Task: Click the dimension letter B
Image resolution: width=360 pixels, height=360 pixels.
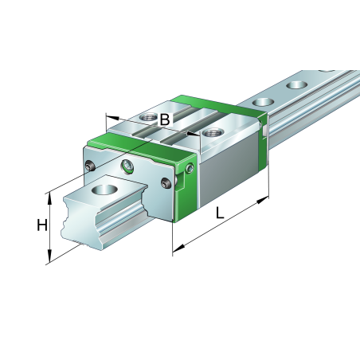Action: pyautogui.click(x=164, y=119)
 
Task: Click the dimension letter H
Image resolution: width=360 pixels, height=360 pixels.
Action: pyautogui.click(x=42, y=225)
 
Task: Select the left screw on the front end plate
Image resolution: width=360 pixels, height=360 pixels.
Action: pyautogui.click(x=90, y=166)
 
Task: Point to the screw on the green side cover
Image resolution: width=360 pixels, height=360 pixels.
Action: pyautogui.click(x=190, y=168)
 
